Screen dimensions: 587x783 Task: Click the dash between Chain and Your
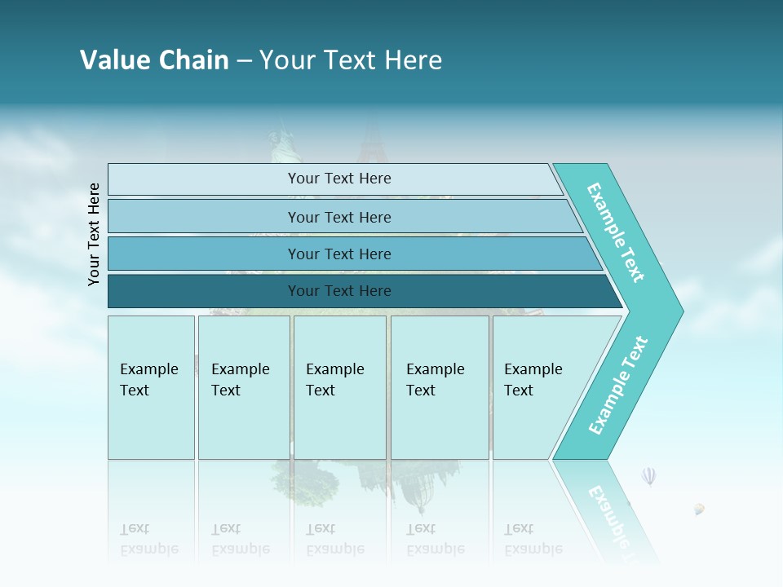click(x=244, y=61)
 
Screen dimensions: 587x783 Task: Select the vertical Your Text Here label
click(x=94, y=234)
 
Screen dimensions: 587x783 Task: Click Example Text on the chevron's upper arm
click(x=617, y=232)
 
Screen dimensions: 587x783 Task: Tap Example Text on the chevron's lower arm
click(x=618, y=386)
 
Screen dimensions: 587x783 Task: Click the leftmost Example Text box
click(x=151, y=387)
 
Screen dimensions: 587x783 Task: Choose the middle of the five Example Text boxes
click(x=339, y=387)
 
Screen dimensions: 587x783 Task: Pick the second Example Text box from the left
click(x=244, y=387)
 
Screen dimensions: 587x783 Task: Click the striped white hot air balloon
click(x=648, y=476)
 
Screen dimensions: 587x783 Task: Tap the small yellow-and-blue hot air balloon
click(x=699, y=510)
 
